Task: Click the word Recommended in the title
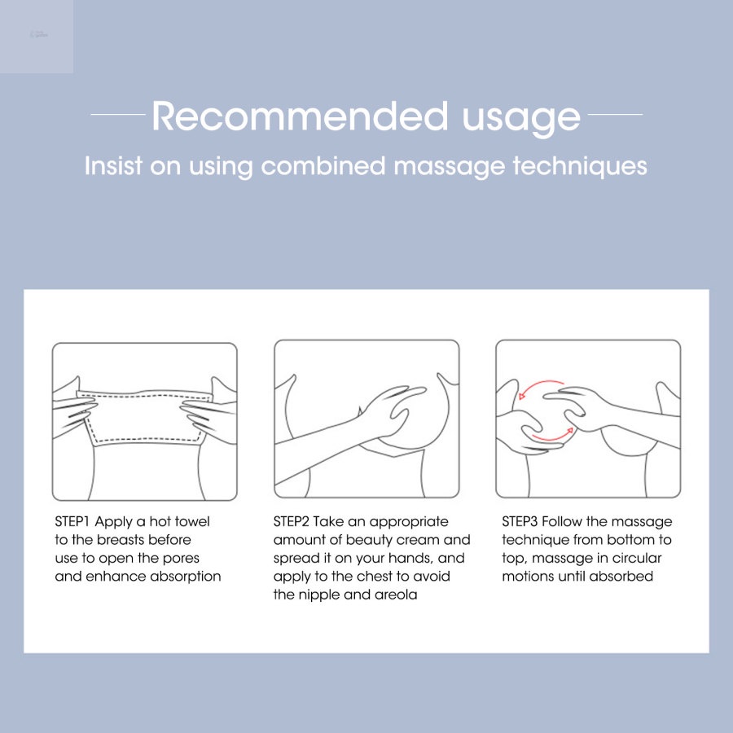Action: tap(300, 116)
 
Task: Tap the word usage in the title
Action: tap(521, 120)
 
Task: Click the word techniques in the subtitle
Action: tap(580, 166)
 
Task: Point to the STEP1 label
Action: tap(72, 521)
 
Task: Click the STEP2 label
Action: tap(291, 521)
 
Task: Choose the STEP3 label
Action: tap(520, 521)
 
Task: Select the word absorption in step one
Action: tap(186, 577)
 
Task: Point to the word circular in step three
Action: tap(637, 558)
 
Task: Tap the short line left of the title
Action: tap(118, 114)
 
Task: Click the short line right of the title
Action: tap(615, 114)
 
